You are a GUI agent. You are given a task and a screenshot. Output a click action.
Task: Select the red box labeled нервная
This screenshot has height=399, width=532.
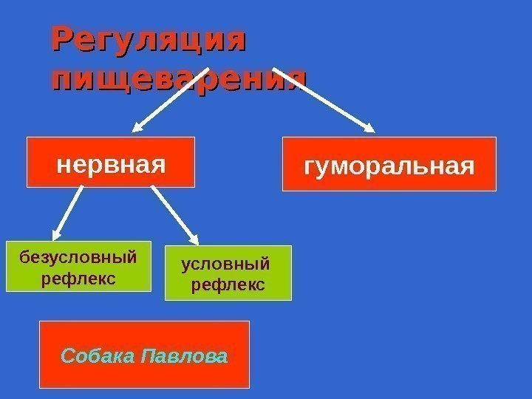tap(111, 161)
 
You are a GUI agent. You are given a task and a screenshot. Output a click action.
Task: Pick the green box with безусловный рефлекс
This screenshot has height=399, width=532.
tap(78, 267)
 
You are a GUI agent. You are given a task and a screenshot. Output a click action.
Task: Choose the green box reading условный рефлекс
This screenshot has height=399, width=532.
tap(228, 273)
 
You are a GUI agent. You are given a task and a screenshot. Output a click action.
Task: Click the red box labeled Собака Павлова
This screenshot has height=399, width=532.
tap(144, 355)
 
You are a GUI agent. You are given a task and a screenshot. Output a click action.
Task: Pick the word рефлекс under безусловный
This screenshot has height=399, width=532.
tap(78, 279)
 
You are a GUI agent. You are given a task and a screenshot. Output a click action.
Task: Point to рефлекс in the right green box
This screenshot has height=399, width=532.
tap(228, 284)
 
